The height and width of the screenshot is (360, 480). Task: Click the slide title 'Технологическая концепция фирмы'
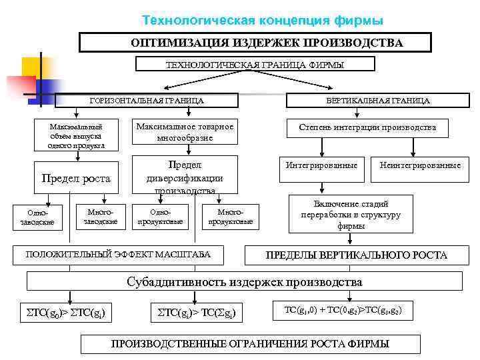click(263, 21)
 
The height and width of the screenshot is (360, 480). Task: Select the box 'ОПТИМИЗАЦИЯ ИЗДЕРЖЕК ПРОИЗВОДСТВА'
click(266, 43)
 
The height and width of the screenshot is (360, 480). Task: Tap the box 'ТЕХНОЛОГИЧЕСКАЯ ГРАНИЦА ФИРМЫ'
click(255, 64)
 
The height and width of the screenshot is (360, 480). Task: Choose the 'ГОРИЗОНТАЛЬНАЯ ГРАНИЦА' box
click(147, 101)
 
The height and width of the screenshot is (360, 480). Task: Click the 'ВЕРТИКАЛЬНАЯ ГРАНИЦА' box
click(377, 101)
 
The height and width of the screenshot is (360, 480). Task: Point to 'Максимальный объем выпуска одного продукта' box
click(76, 135)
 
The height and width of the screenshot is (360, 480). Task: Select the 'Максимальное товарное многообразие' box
click(185, 132)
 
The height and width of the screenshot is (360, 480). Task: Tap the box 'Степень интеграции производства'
click(367, 127)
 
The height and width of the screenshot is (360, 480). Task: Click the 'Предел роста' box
click(76, 179)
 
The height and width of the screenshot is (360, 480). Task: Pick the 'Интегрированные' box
click(321, 165)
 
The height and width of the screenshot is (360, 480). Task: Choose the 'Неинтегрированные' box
click(420, 165)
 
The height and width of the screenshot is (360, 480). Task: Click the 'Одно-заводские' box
click(34, 217)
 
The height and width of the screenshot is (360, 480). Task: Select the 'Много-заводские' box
click(100, 215)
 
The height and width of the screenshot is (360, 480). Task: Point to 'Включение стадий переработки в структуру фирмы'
click(351, 215)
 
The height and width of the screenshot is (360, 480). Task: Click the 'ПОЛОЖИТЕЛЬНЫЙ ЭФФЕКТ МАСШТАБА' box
click(118, 254)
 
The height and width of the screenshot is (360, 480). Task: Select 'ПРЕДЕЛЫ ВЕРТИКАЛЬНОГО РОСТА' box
click(356, 255)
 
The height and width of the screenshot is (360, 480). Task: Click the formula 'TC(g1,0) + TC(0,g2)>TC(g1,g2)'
click(343, 311)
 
